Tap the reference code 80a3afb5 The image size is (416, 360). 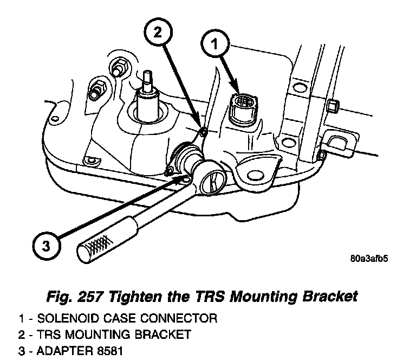pyautogui.click(x=368, y=259)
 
